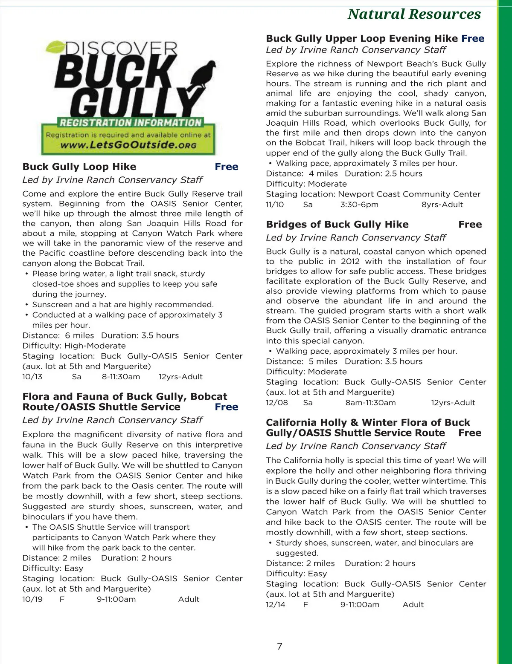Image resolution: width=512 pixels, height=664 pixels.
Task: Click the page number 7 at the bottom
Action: pyautogui.click(x=279, y=646)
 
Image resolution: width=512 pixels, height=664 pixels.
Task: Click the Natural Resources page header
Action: pyautogui.click(x=414, y=14)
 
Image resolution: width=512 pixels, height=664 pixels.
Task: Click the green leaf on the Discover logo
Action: pyautogui.click(x=55, y=46)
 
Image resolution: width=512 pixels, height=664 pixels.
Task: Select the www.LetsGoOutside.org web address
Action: pyautogui.click(x=128, y=145)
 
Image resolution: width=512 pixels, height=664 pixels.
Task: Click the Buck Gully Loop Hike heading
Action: pyautogui.click(x=79, y=167)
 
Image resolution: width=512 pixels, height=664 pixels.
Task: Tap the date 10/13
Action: pyautogui.click(x=32, y=377)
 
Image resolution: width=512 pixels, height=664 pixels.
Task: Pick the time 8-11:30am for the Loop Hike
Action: pyautogui.click(x=121, y=377)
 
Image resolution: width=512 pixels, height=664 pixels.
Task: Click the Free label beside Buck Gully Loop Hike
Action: pyautogui.click(x=227, y=167)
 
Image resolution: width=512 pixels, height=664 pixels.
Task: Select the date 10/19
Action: pyautogui.click(x=32, y=599)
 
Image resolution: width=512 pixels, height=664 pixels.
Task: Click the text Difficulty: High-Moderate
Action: pyautogui.click(x=74, y=346)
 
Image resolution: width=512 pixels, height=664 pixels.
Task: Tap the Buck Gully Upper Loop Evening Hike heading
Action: pyautogui.click(x=362, y=38)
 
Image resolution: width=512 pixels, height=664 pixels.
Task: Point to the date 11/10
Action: pyautogui.click(x=275, y=205)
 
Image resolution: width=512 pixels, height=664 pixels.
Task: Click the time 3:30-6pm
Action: pyautogui.click(x=359, y=205)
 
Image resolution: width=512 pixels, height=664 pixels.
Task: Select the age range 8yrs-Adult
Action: pyautogui.click(x=442, y=205)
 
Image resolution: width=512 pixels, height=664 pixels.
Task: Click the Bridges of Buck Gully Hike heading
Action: pyautogui.click(x=337, y=225)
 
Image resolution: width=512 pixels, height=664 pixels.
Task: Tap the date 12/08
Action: pyautogui.click(x=277, y=403)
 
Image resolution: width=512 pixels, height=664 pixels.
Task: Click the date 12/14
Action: pyautogui.click(x=276, y=605)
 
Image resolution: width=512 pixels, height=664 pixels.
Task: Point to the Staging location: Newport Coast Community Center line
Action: pyautogui.click(x=373, y=194)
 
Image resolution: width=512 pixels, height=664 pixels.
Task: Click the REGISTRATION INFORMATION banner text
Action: pyautogui.click(x=130, y=123)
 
